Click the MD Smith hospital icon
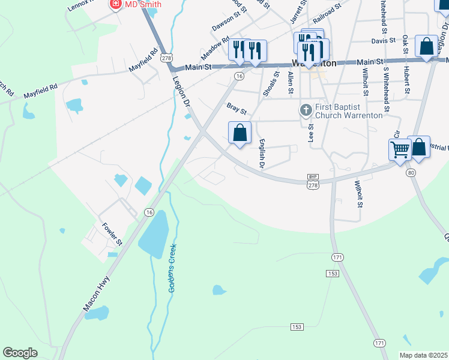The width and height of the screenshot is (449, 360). point(115,5)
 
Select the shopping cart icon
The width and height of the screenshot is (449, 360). point(400,149)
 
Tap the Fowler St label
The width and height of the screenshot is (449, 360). point(112,234)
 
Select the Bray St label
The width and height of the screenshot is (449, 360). point(237,108)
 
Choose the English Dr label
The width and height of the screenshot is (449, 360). point(262,153)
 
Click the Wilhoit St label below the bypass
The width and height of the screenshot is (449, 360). point(359,194)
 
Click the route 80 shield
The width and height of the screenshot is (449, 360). point(411,173)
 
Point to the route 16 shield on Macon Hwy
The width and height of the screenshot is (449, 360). point(149,212)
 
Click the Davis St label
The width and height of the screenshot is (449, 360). point(383,41)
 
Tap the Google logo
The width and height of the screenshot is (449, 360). point(20,353)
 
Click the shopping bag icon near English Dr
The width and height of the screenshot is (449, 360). point(240,133)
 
